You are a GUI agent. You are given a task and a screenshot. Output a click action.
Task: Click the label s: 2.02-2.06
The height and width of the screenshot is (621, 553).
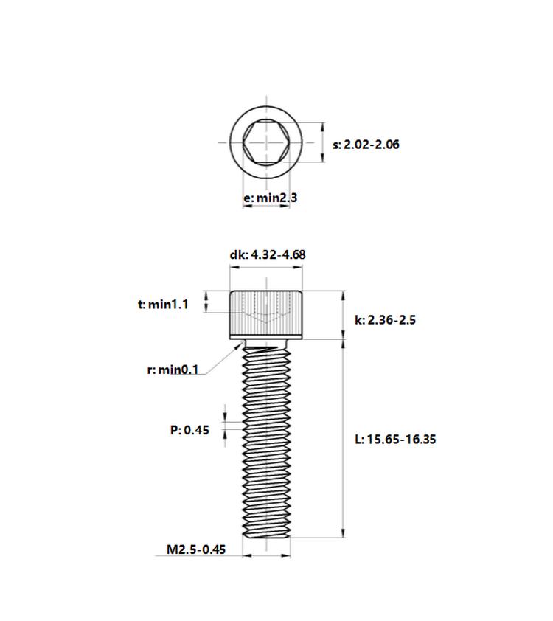366,145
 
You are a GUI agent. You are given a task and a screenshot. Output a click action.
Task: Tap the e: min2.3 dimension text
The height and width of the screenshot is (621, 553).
271,197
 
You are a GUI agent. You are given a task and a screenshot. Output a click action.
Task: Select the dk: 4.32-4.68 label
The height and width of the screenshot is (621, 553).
268,254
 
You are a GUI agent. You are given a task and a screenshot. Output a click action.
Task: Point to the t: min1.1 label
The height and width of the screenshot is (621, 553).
163,305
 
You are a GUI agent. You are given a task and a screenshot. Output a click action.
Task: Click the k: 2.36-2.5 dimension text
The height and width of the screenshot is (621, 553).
385,319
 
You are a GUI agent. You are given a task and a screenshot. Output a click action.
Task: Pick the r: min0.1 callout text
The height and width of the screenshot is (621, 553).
173,370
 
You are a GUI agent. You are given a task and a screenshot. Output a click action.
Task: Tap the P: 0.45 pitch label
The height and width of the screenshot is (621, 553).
189,430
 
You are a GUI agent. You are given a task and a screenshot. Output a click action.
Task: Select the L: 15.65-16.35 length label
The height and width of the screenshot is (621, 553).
395,440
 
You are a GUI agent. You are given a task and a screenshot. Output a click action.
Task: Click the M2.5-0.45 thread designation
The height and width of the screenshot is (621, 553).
196,549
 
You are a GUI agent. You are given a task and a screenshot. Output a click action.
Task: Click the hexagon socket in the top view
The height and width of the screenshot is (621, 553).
266,142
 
